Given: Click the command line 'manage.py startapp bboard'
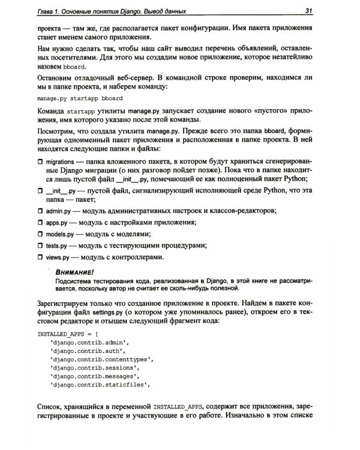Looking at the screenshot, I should pos(80,98).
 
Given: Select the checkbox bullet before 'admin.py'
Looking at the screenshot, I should pos(40,211).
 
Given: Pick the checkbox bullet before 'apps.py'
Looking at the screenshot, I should pos(40,223).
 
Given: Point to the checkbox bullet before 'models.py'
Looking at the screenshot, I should pos(40,235).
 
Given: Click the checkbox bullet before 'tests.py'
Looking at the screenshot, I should pos(40,246).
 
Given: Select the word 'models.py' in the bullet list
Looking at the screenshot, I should pos(59,235).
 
